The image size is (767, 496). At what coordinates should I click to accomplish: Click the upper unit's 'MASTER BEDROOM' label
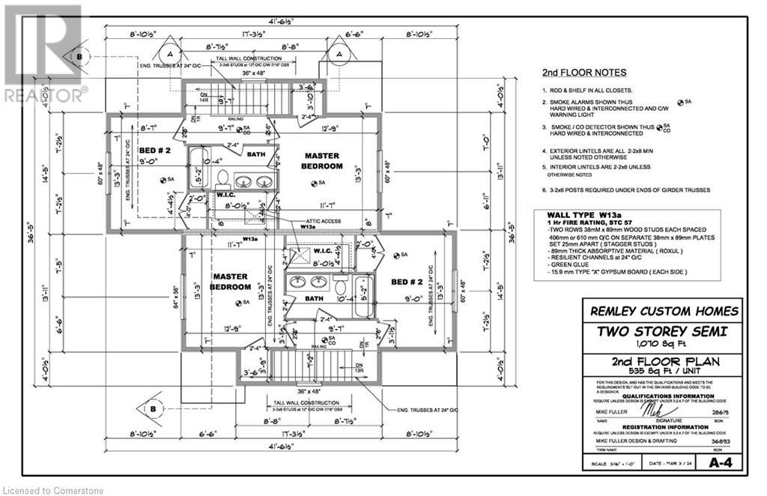(323, 161)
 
